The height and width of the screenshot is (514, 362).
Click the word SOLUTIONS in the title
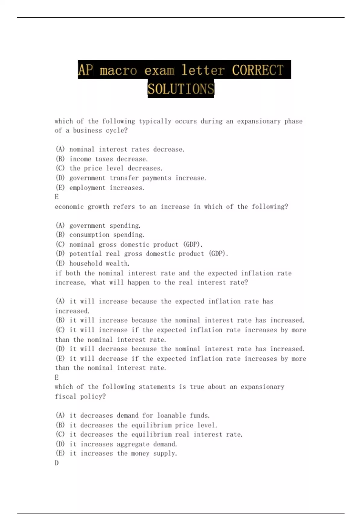181,89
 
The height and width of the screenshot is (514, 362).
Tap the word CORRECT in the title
258,70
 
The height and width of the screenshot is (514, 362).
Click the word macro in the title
118,70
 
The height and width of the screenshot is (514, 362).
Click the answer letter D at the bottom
57,463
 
